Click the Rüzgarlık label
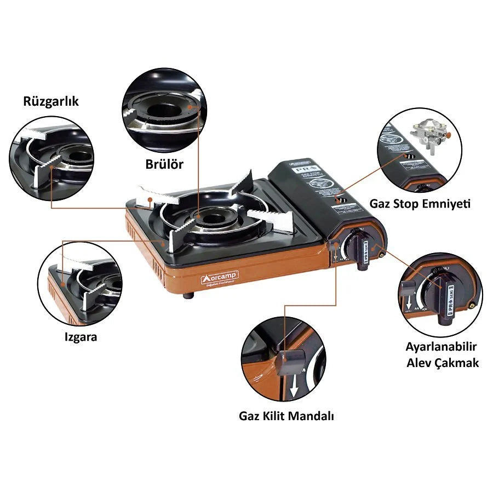pyautogui.click(x=51, y=101)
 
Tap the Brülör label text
pyautogui.click(x=164, y=164)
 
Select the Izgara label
pyautogui.click(x=81, y=336)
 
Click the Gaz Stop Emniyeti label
pyautogui.click(x=420, y=204)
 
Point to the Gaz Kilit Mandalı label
pyautogui.click(x=286, y=416)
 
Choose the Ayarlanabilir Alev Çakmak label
pyautogui.click(x=442, y=354)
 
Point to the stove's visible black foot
pyautogui.click(x=189, y=296)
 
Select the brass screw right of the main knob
pyautogui.click(x=381, y=251)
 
